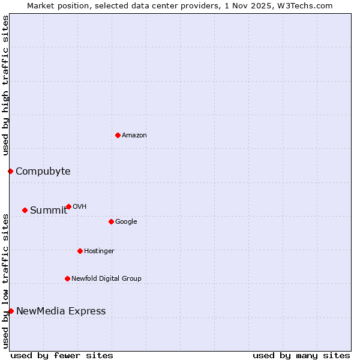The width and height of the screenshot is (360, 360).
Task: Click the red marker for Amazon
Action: click(118, 135)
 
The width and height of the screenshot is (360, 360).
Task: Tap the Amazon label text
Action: click(134, 136)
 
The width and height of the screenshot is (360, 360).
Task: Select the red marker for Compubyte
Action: click(10, 172)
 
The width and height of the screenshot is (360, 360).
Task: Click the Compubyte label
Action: click(43, 172)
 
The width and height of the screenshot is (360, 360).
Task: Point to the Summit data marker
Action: click(25, 210)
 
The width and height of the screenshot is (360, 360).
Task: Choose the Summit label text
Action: click(49, 210)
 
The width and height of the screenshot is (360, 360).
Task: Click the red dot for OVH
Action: click(68, 206)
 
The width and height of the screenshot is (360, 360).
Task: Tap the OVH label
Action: click(80, 207)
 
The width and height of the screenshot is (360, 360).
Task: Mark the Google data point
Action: click(111, 221)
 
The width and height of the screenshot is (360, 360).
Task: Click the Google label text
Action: click(126, 222)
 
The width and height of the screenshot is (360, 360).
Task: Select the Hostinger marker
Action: click(80, 251)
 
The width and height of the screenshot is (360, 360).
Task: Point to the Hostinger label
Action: click(99, 251)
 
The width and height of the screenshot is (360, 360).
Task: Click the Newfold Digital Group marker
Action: click(67, 278)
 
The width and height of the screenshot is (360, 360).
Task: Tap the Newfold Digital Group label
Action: click(106, 279)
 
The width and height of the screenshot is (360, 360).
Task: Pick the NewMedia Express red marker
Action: click(11, 311)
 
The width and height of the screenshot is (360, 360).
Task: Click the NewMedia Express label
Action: click(61, 311)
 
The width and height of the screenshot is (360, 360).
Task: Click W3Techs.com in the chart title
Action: click(309, 5)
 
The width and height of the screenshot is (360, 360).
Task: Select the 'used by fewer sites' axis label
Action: click(62, 355)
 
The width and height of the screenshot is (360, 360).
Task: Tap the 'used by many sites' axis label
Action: click(301, 355)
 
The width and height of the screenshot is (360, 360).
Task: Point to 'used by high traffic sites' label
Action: click(5, 85)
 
